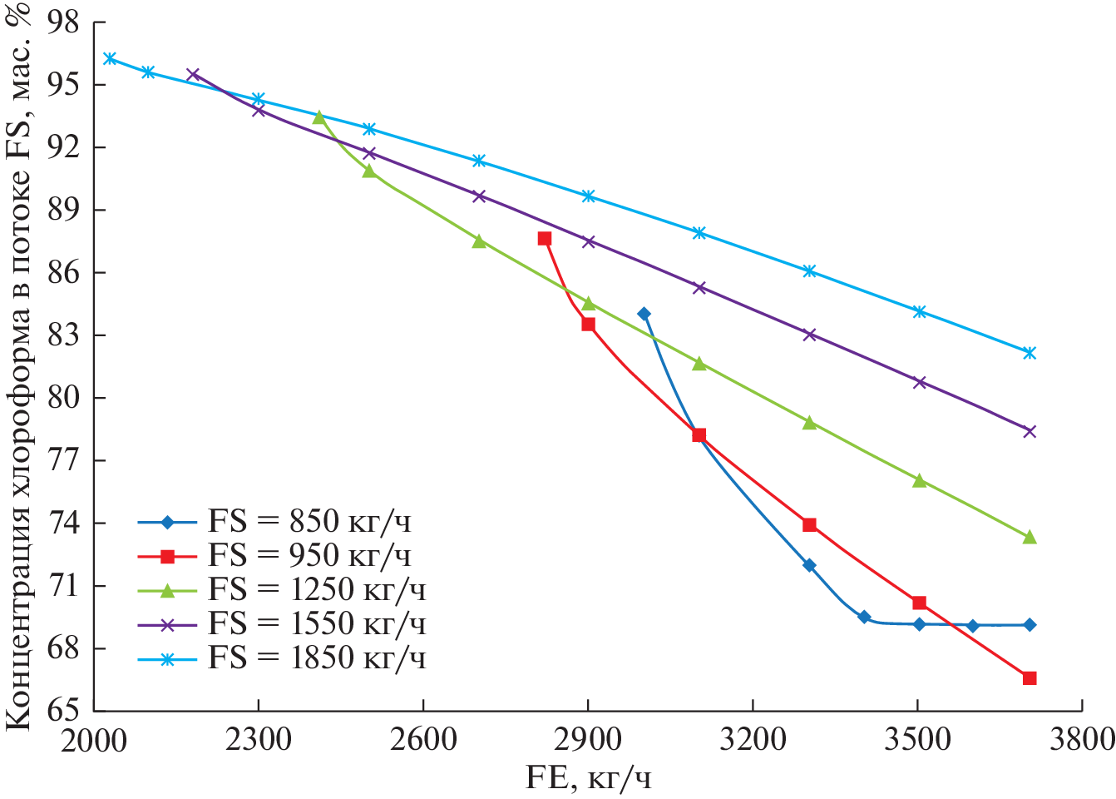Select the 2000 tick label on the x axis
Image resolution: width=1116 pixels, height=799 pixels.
[94, 738]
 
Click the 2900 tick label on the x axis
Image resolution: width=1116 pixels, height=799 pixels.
[588, 738]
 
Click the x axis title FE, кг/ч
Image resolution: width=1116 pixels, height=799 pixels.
[588, 778]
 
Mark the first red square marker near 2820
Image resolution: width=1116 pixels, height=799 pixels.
[545, 239]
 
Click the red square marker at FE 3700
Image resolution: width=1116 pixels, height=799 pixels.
[1030, 678]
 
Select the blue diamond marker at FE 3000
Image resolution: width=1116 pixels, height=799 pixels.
[644, 314]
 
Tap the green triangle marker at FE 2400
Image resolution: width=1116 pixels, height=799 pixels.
[319, 117]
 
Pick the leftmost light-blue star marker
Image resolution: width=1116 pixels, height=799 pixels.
[109, 58]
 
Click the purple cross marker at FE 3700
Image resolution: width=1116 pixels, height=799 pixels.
[1030, 431]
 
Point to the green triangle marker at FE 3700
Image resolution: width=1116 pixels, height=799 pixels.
[1030, 538]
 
